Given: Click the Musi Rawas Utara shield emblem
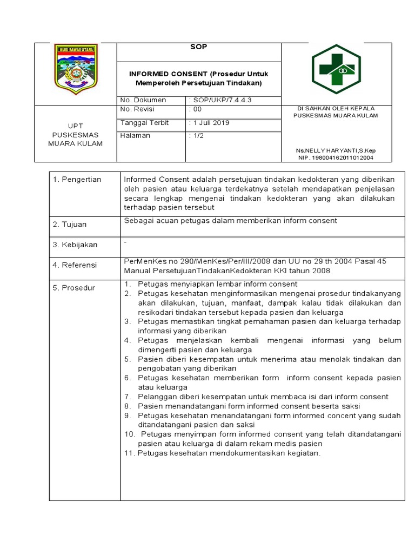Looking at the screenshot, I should tap(76, 69).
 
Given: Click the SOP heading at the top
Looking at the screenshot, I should tap(199, 47).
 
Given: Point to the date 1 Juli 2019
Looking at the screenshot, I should tap(210, 123).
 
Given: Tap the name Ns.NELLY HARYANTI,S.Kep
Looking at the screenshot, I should tap(335, 150).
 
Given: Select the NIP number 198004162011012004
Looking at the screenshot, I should tap(336, 158).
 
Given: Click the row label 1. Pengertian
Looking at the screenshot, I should tap(77, 180).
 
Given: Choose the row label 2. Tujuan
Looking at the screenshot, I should tap(70, 225).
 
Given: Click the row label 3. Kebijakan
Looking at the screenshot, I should tap(75, 245).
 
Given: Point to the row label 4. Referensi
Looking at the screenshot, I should tap(75, 265).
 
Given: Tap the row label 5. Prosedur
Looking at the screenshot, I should tap(73, 288).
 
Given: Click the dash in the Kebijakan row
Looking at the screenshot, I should tap(125, 242).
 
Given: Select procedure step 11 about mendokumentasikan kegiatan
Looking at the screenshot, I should tap(223, 453).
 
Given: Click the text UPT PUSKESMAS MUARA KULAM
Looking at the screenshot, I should tap(75, 134).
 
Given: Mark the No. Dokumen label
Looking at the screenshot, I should tap(143, 100).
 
